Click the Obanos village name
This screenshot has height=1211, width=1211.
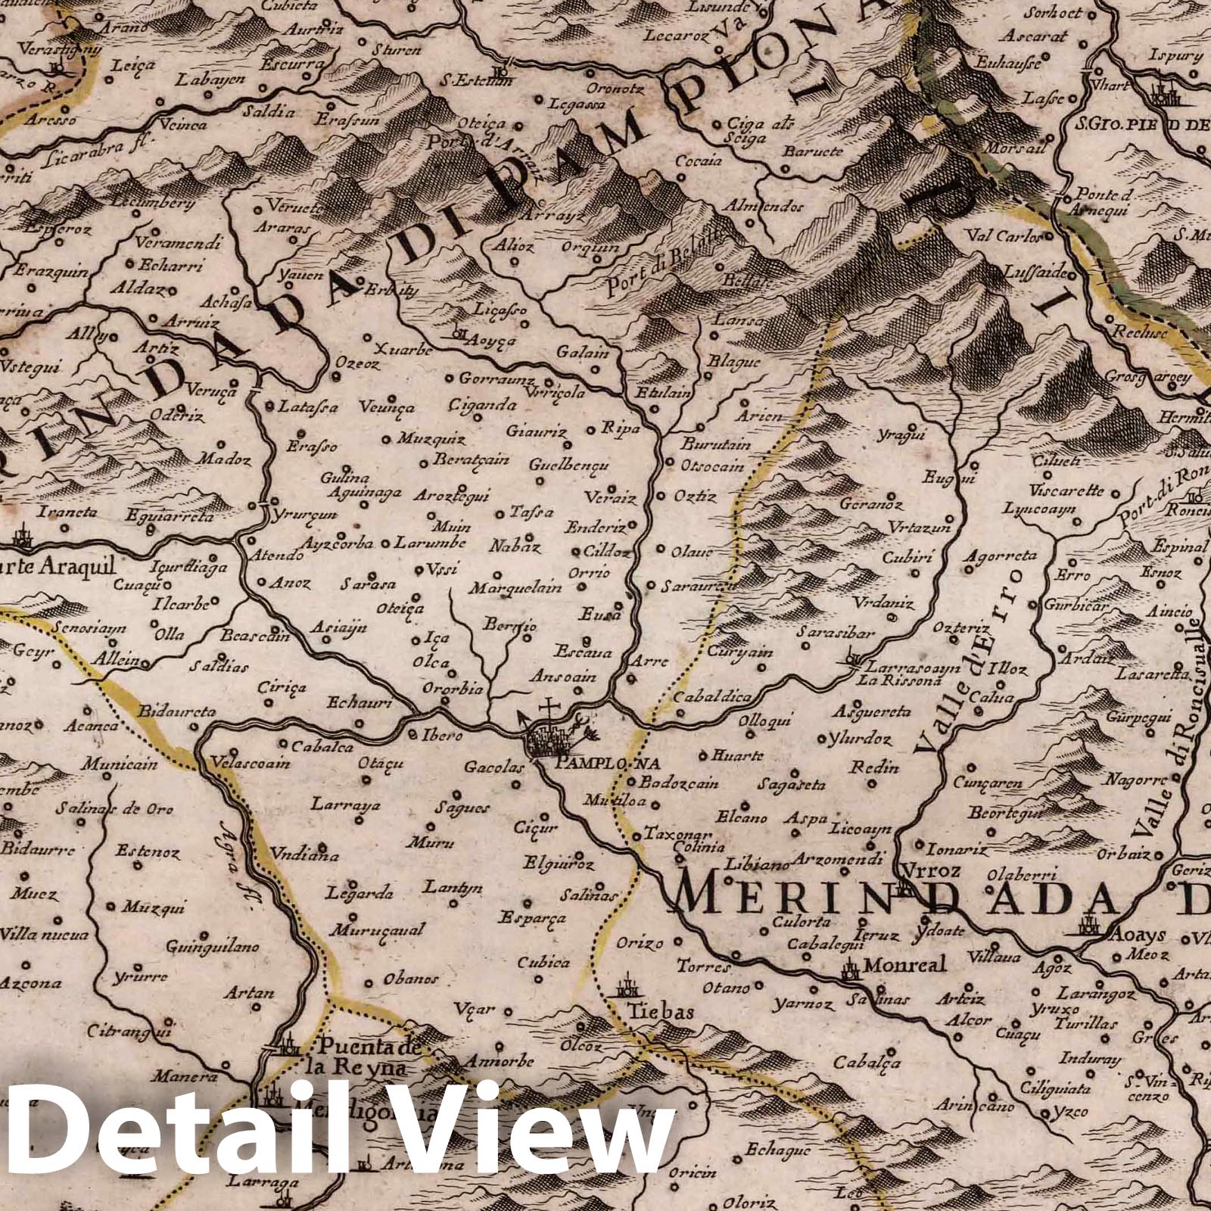411,979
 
